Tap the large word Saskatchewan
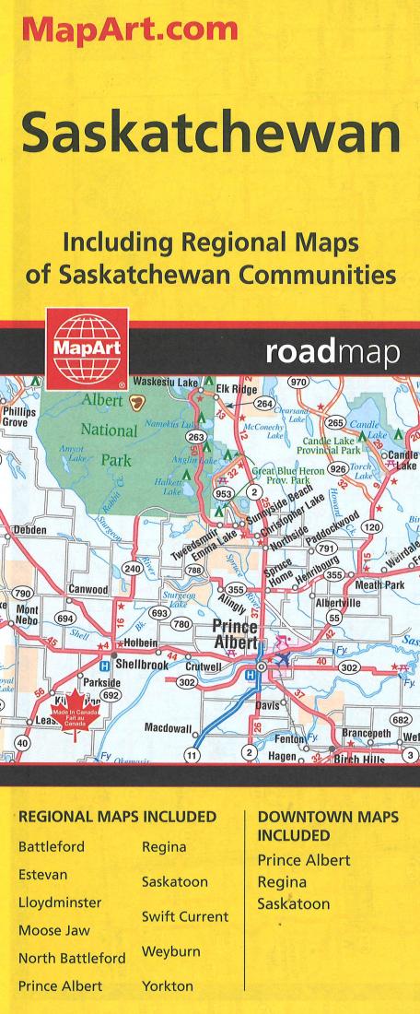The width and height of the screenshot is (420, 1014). point(211,136)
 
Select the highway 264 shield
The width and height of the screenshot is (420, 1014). point(264,404)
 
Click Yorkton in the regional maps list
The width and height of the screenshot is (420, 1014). point(168,985)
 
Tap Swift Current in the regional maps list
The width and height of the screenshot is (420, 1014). point(183,917)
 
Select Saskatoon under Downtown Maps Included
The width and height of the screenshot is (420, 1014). point(293,904)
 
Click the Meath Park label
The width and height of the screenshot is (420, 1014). point(379,584)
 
